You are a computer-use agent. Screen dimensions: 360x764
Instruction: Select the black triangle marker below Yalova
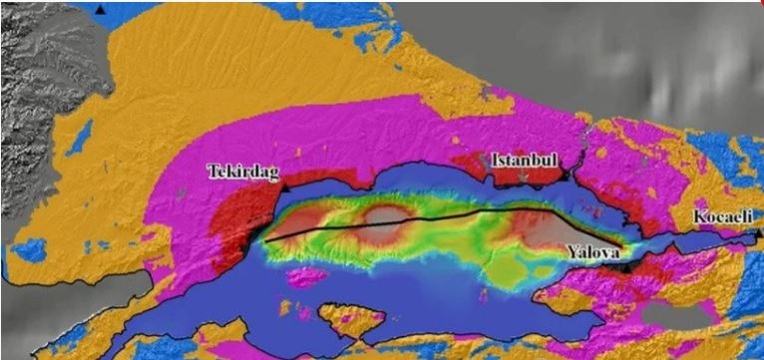click(625, 267)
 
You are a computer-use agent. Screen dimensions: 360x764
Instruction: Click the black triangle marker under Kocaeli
click(758, 233)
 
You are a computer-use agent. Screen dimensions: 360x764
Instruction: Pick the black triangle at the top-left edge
click(102, 8)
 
